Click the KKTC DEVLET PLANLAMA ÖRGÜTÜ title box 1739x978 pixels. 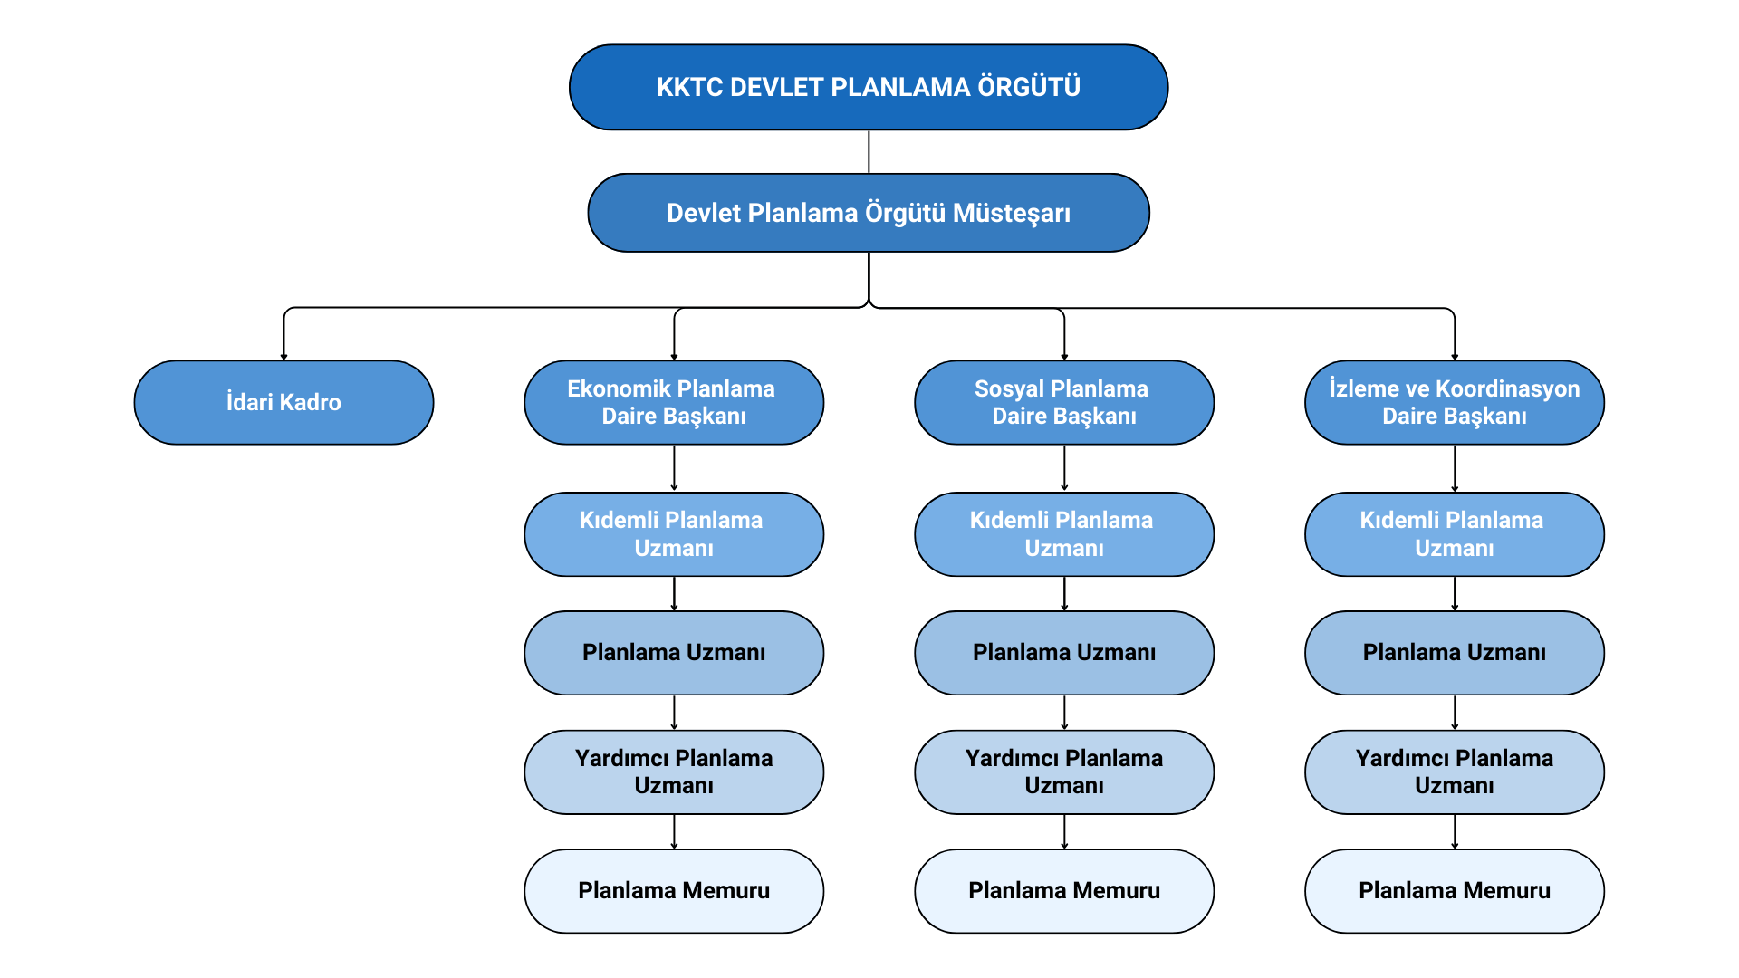[x=868, y=87]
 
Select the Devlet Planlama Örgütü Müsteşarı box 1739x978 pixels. [x=868, y=213]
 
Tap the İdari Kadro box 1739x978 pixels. [x=283, y=402]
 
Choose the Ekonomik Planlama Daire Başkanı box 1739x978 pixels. [x=674, y=402]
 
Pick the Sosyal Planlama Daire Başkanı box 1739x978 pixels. [x=1064, y=402]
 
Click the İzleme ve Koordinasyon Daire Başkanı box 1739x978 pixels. [x=1455, y=402]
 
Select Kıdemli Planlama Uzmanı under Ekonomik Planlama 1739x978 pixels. [x=674, y=534]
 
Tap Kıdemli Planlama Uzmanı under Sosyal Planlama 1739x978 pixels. [x=1064, y=534]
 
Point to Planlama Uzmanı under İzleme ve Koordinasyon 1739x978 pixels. [x=1455, y=653]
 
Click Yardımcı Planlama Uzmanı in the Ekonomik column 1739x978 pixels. [x=674, y=772]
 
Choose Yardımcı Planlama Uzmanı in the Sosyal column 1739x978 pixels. [x=1064, y=772]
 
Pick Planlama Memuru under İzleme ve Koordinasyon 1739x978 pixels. [x=1455, y=891]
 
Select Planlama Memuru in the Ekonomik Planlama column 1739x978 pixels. [x=674, y=891]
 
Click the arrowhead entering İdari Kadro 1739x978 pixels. [x=283, y=357]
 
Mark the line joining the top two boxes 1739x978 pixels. [x=869, y=151]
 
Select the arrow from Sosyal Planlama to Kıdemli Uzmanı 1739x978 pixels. [x=1064, y=468]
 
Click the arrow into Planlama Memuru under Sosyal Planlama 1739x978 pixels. [x=1064, y=832]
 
